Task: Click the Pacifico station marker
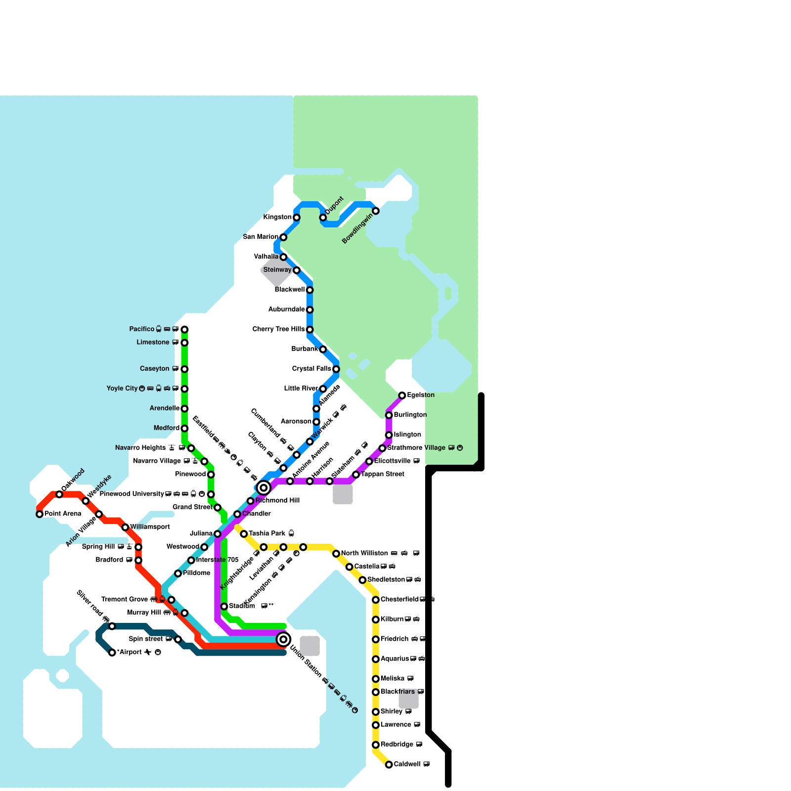[x=184, y=329]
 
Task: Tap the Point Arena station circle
[x=40, y=514]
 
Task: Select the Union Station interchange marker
[x=283, y=639]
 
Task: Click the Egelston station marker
[x=402, y=395]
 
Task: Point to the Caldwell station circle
[x=389, y=765]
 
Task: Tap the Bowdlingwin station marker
[x=376, y=211]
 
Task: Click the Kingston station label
[x=277, y=218]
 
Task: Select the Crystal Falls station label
[x=311, y=369]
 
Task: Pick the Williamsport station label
[x=150, y=527]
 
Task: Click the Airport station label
[x=132, y=653]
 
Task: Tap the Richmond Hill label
[x=277, y=501]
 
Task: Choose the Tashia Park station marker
[x=244, y=534]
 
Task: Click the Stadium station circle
[x=224, y=607]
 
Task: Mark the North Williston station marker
[x=336, y=554]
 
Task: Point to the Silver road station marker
[x=112, y=626]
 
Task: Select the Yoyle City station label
[x=122, y=389]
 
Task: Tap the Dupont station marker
[x=323, y=218]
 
